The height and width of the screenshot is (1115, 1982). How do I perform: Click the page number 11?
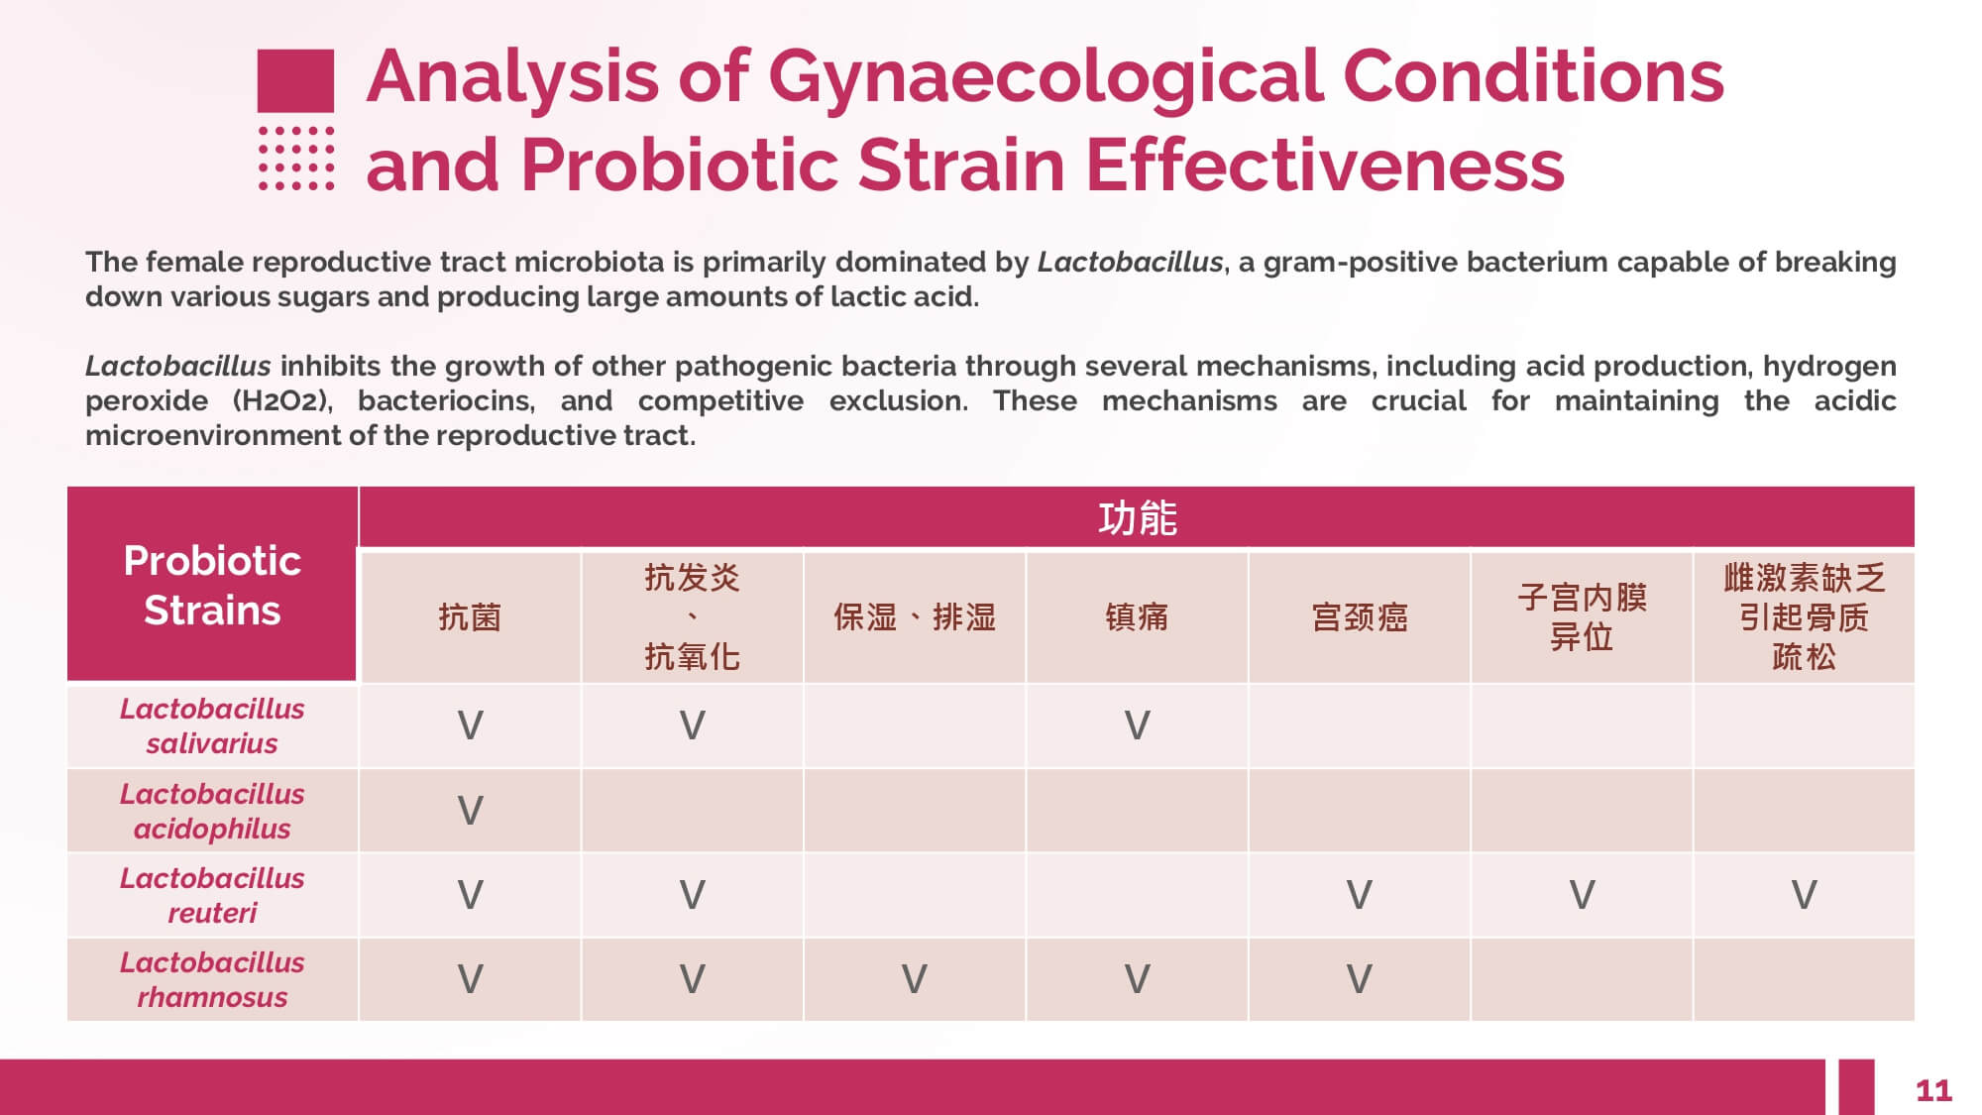click(1933, 1091)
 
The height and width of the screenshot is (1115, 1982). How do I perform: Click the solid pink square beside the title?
click(295, 80)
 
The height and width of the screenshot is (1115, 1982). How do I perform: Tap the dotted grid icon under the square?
click(295, 158)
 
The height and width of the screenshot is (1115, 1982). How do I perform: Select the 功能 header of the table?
click(1137, 518)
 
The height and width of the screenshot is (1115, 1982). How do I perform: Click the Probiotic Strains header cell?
click(212, 585)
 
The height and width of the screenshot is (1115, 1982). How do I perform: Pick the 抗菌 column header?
click(470, 617)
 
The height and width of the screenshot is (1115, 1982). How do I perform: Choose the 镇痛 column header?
click(1137, 617)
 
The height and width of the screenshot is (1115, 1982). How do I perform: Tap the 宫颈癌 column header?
click(1360, 617)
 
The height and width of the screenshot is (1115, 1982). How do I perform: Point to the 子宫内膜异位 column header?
click(1582, 617)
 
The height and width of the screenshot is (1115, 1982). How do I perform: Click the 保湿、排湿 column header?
click(914, 617)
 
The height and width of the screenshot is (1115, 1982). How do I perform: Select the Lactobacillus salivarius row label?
click(212, 725)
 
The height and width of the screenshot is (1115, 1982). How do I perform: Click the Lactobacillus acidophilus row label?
click(212, 811)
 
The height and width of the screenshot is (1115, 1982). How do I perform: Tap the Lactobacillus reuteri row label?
click(212, 895)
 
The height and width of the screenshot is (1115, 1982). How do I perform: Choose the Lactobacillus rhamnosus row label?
click(212, 979)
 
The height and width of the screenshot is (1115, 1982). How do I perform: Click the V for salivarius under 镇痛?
click(1137, 725)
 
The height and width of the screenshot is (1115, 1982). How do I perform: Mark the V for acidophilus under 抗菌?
click(470, 811)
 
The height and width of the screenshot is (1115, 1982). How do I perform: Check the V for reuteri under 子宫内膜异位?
click(1582, 895)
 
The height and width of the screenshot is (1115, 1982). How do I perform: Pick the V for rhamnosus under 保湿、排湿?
click(914, 979)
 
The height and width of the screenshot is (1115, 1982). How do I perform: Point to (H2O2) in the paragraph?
click(279, 400)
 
